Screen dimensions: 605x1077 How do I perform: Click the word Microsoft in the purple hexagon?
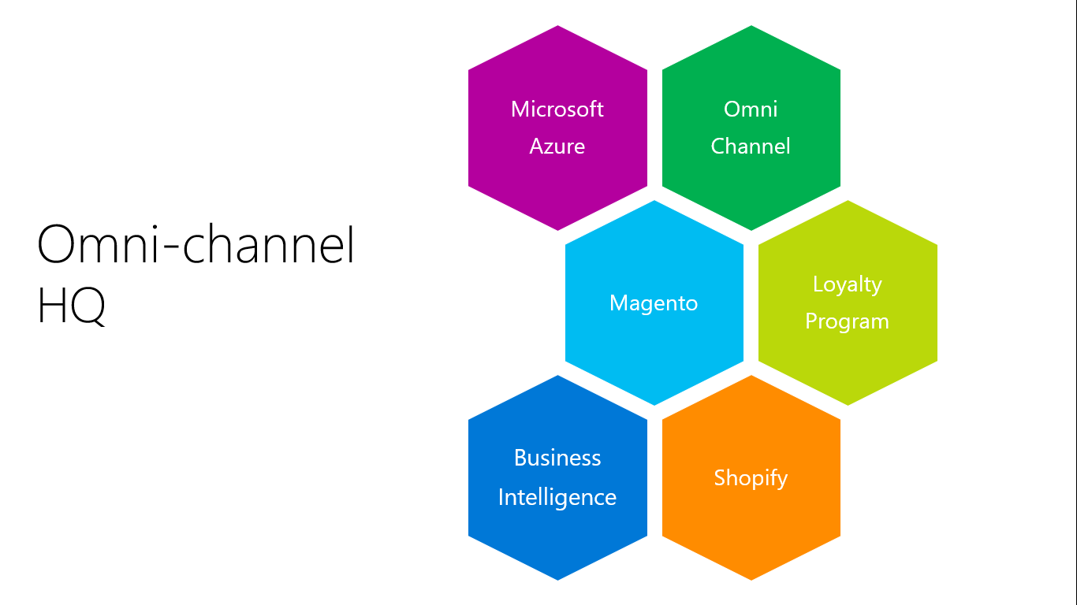tap(557, 109)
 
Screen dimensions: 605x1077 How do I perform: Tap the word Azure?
tap(557, 147)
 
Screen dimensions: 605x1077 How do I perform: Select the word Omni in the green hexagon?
tap(751, 109)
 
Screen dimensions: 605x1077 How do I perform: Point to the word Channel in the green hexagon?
tap(751, 147)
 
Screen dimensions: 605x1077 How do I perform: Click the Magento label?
tap(654, 303)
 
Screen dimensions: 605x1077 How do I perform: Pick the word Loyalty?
tap(847, 284)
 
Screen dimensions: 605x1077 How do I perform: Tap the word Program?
tap(847, 321)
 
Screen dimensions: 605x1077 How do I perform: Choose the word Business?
tap(557, 458)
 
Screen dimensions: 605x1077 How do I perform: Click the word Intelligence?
tap(557, 497)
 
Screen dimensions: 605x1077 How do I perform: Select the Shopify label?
tap(751, 478)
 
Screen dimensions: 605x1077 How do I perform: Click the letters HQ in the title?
tap(71, 307)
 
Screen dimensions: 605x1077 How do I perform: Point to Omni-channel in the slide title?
tap(196, 245)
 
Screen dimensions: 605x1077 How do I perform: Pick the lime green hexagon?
tap(848, 362)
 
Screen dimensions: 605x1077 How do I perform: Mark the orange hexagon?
tap(751, 528)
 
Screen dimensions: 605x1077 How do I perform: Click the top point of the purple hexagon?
tap(558, 28)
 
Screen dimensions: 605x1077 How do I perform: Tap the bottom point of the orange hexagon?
tap(751, 578)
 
